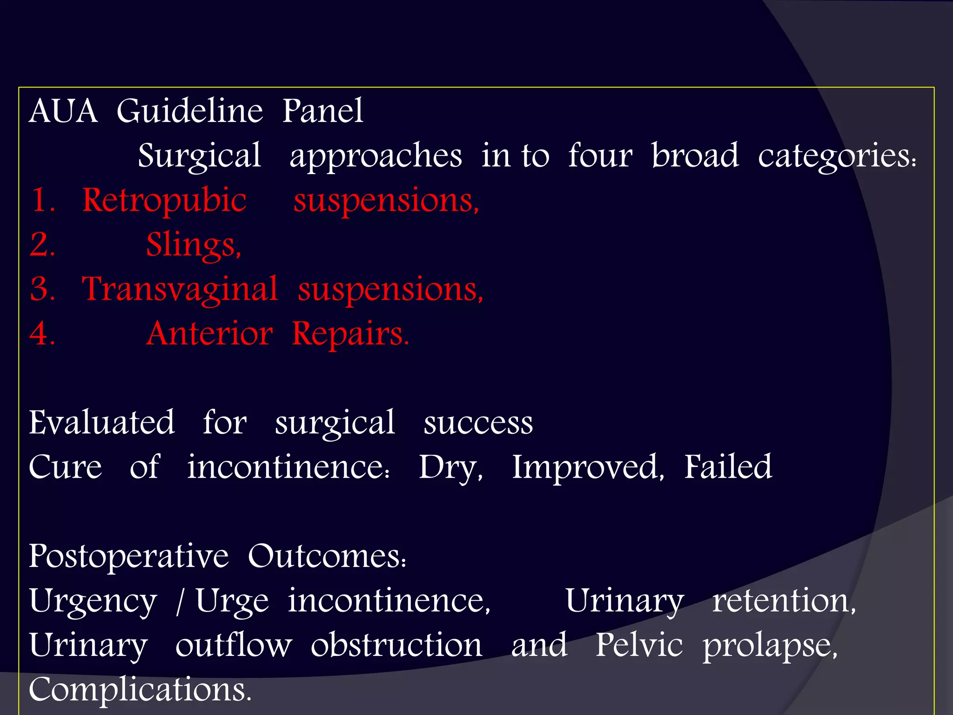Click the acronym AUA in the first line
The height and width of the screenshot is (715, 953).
[63, 111]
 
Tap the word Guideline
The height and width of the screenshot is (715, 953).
[189, 111]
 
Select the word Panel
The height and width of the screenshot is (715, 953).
[322, 111]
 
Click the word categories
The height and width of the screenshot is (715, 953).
[837, 156]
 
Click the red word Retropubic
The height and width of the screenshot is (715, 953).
[164, 201]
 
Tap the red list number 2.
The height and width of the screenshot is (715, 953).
[42, 244]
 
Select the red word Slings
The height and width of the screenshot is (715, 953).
[193, 245]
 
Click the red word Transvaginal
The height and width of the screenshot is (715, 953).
[180, 290]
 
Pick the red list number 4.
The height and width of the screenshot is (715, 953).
[42, 334]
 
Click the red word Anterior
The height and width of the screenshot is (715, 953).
[209, 334]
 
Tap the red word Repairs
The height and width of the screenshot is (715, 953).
[350, 334]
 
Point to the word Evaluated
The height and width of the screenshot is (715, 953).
[102, 423]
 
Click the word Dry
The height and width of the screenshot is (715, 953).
[450, 467]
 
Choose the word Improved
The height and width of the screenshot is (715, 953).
[587, 467]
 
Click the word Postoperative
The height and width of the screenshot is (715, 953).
[128, 557]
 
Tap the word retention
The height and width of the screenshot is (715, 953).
[784, 600]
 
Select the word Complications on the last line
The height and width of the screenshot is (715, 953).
[140, 690]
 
